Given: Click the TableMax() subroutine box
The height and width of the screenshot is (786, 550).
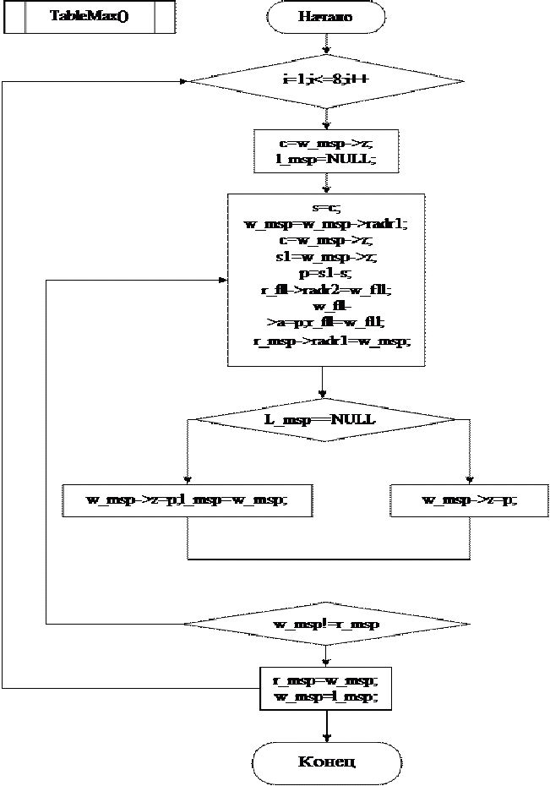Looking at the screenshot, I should click(x=90, y=16).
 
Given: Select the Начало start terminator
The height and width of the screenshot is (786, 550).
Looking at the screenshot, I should click(x=325, y=16).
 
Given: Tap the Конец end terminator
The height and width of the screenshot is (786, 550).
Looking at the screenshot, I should click(x=325, y=761).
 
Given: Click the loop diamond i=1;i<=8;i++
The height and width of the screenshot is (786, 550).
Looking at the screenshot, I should click(x=325, y=82).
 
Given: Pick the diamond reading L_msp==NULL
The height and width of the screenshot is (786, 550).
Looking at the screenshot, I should click(x=325, y=418).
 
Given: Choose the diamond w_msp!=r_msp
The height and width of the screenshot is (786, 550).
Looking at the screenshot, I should click(x=325, y=625).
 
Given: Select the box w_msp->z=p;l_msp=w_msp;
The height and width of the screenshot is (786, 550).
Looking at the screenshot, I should click(x=186, y=500).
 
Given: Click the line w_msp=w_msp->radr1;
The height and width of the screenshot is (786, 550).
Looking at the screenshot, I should click(x=325, y=224).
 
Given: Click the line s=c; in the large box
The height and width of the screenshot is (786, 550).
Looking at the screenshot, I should click(x=325, y=208).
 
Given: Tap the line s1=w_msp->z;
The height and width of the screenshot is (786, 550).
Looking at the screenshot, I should click(x=325, y=258).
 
